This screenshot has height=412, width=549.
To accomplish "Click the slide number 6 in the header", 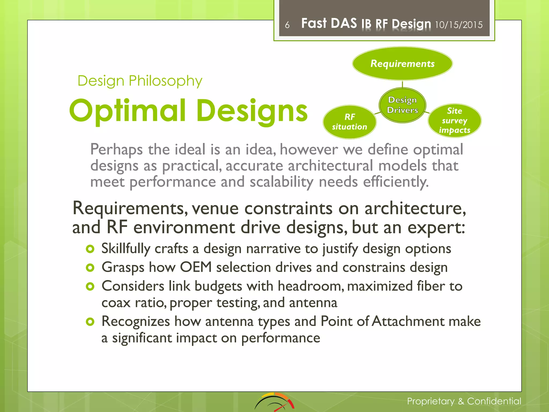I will click(x=287, y=25).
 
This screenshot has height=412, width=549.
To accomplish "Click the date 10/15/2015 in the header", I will click(x=458, y=25).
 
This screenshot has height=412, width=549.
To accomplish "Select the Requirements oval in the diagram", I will click(x=402, y=64).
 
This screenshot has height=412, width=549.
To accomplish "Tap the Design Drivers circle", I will click(x=402, y=105).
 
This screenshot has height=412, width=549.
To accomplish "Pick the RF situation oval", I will click(x=350, y=122).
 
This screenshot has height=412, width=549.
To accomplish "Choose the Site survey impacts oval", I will click(x=454, y=121).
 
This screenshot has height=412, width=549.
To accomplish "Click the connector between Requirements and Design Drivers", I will click(x=402, y=84).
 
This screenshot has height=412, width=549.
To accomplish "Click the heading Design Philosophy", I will click(x=140, y=81).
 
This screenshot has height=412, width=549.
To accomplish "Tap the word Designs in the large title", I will click(x=252, y=111).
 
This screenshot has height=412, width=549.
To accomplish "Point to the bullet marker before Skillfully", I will click(x=90, y=249).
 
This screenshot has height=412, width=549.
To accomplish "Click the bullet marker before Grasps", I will click(x=90, y=268).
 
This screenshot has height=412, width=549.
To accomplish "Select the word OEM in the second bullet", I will click(x=196, y=267).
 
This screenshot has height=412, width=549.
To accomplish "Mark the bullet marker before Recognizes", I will click(x=90, y=322).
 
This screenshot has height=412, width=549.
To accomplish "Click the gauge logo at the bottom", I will click(x=274, y=402).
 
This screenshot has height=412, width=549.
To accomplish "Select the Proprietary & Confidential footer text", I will click(x=464, y=401).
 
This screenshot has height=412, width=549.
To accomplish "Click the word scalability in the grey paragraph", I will click(x=281, y=182).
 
